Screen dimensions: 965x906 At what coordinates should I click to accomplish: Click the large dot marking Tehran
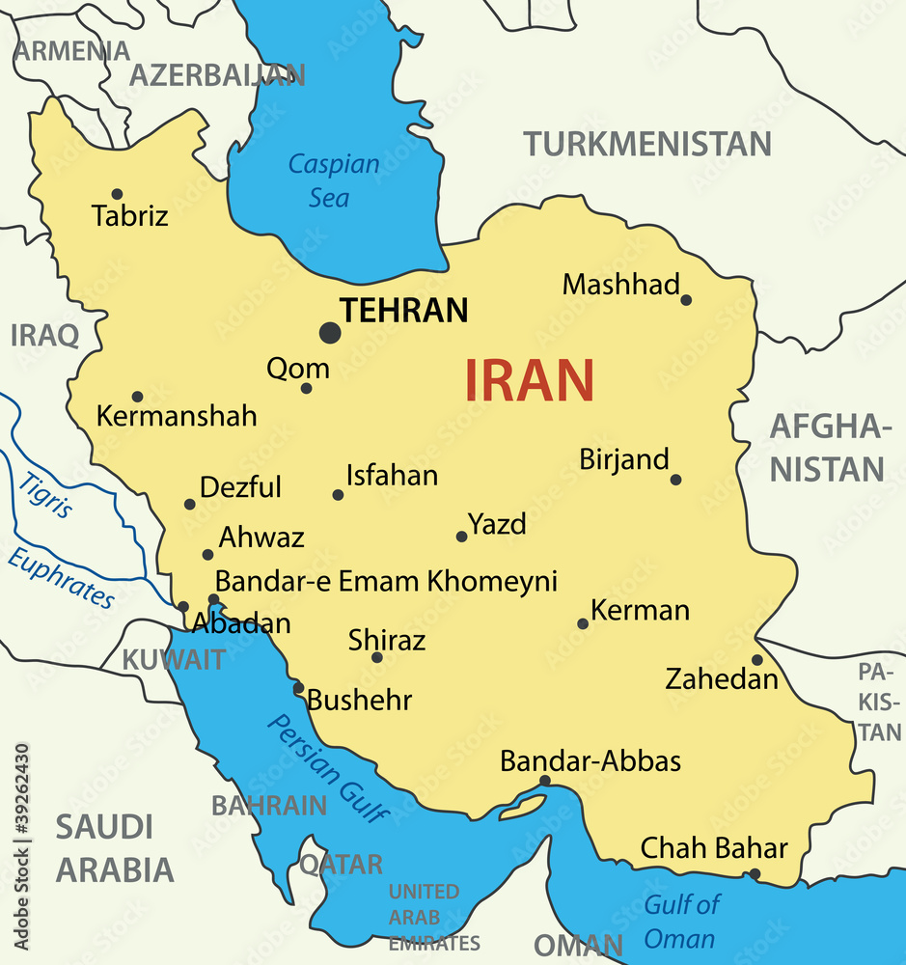(x=330, y=333)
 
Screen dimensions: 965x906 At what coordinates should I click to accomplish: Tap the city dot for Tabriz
(x=117, y=194)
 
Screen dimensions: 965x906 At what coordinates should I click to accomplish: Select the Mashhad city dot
(x=686, y=299)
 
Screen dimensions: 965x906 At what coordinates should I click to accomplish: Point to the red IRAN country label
(x=530, y=380)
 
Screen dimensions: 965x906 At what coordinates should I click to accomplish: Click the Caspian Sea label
(x=333, y=180)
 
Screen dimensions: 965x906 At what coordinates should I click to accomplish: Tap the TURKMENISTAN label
(x=647, y=144)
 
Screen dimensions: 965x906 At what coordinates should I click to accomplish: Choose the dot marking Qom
(x=306, y=388)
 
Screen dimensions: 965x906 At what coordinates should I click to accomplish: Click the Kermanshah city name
(x=177, y=416)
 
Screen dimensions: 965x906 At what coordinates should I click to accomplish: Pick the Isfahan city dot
(x=338, y=495)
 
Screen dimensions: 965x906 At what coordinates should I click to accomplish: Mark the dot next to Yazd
(x=461, y=537)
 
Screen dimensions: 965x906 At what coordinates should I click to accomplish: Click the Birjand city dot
(x=675, y=480)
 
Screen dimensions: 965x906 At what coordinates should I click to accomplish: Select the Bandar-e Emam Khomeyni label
(x=386, y=581)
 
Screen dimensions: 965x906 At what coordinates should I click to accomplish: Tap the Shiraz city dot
(x=377, y=658)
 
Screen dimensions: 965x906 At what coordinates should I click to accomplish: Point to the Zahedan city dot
(x=757, y=660)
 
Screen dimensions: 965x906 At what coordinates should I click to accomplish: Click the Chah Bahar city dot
(x=755, y=874)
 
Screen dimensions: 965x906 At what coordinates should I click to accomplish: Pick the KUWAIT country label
(x=174, y=660)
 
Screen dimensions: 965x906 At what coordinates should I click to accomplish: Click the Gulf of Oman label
(x=681, y=921)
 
